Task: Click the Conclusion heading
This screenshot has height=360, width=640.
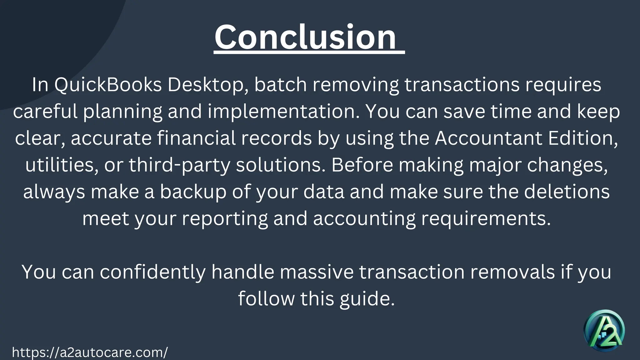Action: click(x=306, y=37)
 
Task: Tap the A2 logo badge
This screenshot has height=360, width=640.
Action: click(x=604, y=331)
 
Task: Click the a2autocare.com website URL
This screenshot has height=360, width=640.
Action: click(x=90, y=352)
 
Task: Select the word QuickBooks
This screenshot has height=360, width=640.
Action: click(x=108, y=85)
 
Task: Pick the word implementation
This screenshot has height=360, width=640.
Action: click(x=283, y=112)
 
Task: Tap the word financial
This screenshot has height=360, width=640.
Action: click(x=196, y=138)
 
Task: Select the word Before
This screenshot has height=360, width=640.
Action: click(x=362, y=165)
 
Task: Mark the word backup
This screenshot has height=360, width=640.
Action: click(x=193, y=192)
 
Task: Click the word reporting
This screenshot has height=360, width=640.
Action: click(x=225, y=218)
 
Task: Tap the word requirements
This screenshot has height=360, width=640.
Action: click(x=486, y=218)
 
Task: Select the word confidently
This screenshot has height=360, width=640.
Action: click(x=153, y=272)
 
